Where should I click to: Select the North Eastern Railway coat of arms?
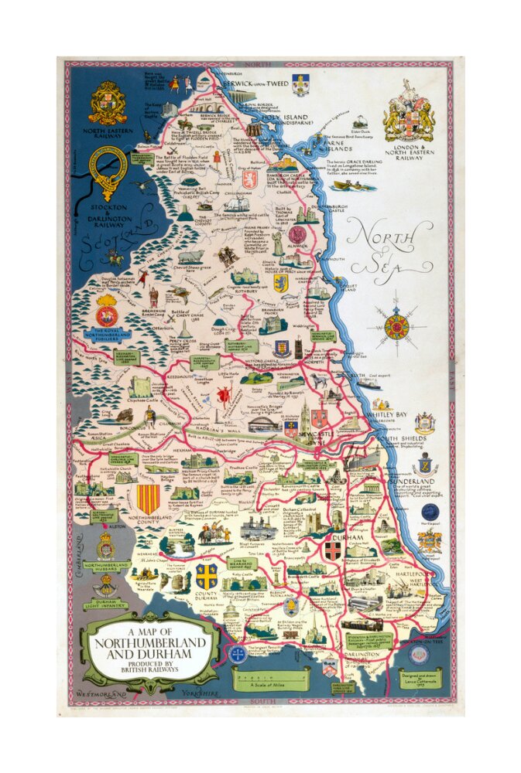[108, 103]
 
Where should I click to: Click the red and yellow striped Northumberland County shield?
[147, 499]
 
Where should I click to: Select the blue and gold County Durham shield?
[207, 575]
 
